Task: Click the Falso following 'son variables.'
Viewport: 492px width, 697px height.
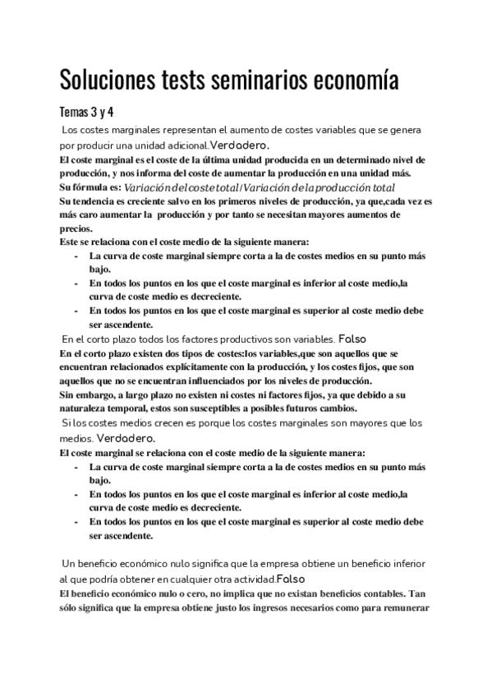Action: [x=352, y=339]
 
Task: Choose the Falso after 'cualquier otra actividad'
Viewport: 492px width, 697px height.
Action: [x=290, y=579]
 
